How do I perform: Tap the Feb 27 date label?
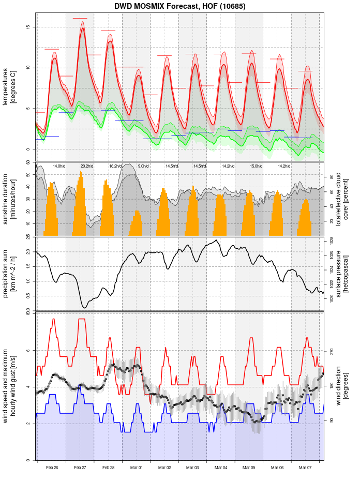coord(80,468)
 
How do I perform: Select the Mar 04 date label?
coord(221,468)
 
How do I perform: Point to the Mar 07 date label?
coord(305,468)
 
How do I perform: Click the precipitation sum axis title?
coord(9,273)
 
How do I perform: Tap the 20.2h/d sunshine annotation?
coord(87,166)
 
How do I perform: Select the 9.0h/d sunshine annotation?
coord(143,166)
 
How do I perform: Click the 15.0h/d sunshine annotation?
coord(256,166)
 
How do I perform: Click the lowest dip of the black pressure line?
coord(84,308)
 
